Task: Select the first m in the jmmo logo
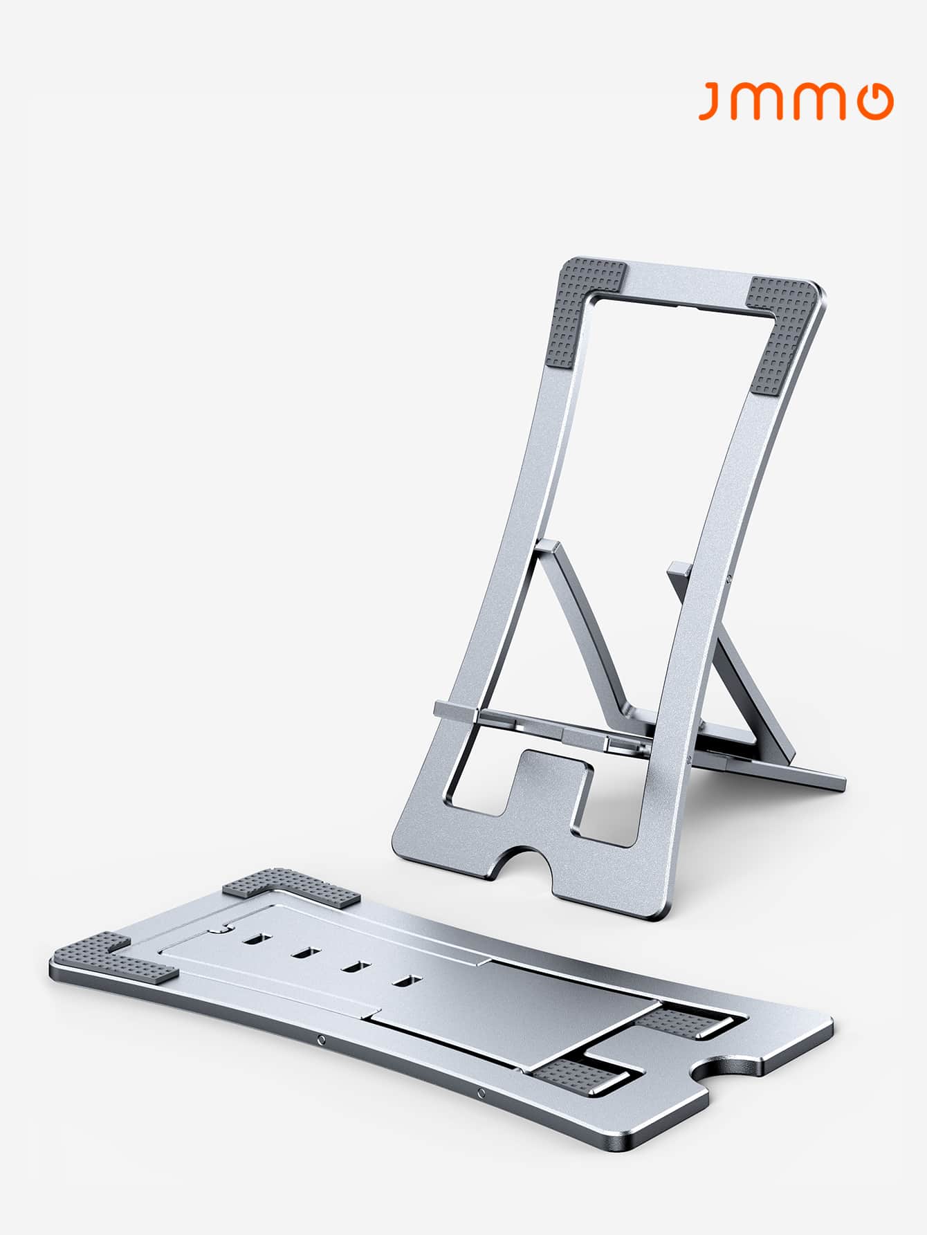pos(758,102)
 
